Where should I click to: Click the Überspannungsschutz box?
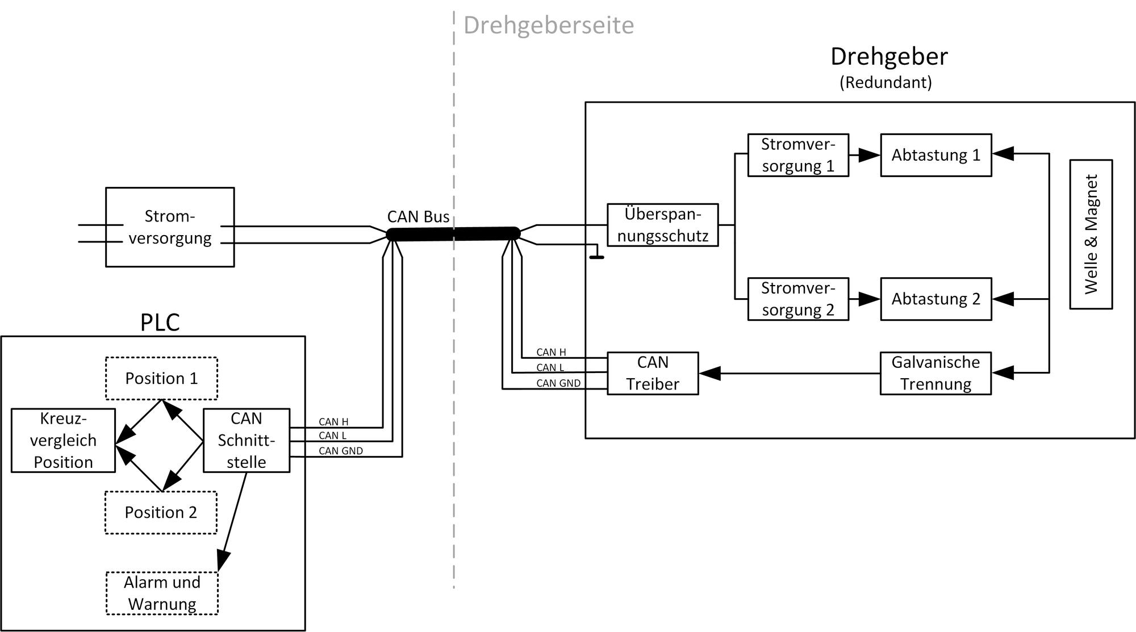[x=662, y=225]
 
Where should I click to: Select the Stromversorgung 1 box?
[x=798, y=155]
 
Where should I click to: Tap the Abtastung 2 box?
[x=935, y=299]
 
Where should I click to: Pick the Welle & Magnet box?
[x=1091, y=234]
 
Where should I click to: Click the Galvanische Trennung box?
[x=935, y=373]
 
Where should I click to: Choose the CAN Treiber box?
[x=653, y=373]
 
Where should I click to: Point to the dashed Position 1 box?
[x=161, y=378]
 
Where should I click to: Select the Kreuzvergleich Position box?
[x=63, y=440]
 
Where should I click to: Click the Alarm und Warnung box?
[x=162, y=593]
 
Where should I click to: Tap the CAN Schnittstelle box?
[x=247, y=440]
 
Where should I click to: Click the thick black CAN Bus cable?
[x=453, y=234]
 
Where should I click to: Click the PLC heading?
[x=160, y=323]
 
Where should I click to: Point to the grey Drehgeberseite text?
[x=548, y=26]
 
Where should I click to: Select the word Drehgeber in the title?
[x=889, y=57]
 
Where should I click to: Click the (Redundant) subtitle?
[x=886, y=82]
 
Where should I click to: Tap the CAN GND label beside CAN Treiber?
[x=558, y=383]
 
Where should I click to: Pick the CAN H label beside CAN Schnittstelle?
[x=333, y=422]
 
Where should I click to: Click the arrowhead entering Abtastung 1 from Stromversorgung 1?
[x=869, y=155]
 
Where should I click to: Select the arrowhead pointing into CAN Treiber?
[x=710, y=373]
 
